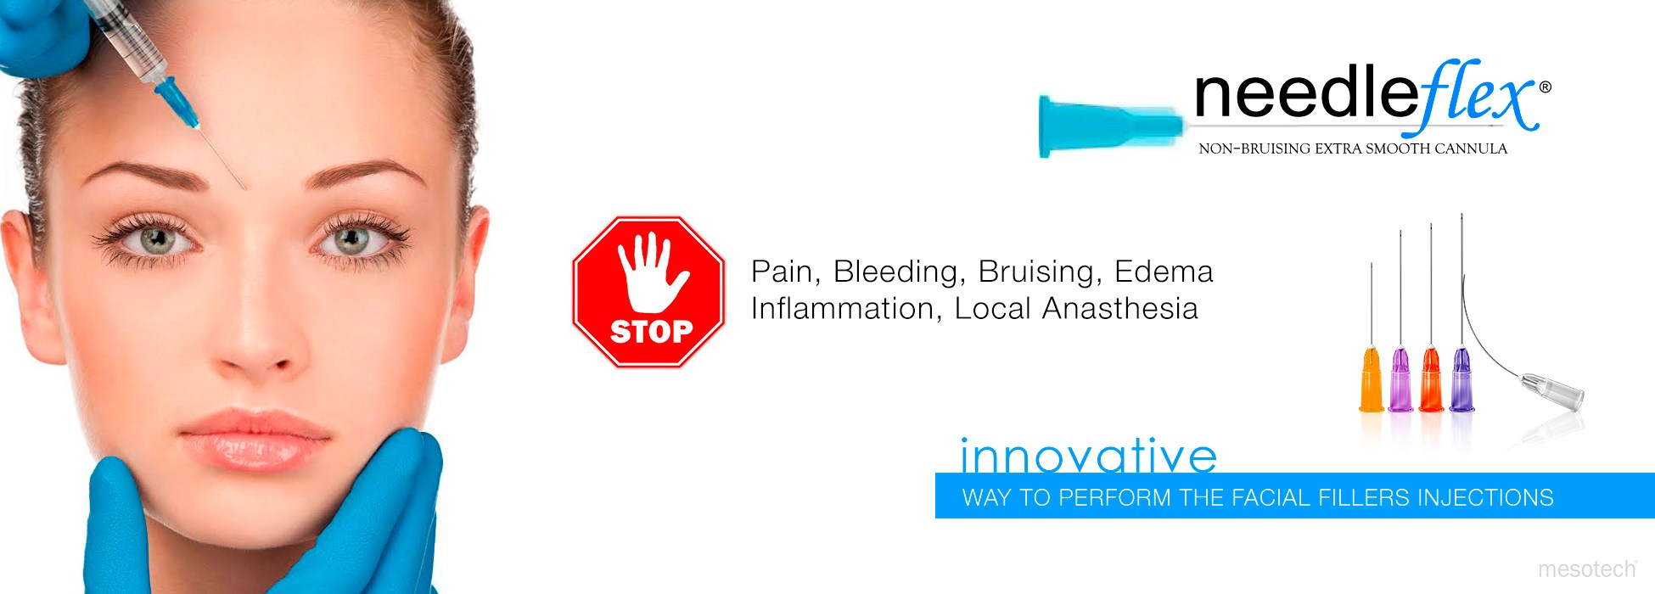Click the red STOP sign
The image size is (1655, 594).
click(648, 291)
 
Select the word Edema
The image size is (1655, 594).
click(1164, 272)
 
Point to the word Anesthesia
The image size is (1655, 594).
click(1119, 308)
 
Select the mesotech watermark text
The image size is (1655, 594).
click(1587, 569)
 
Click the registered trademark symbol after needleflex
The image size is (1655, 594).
click(1545, 87)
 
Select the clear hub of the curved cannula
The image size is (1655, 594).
click(1551, 390)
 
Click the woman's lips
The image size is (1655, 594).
click(254, 440)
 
